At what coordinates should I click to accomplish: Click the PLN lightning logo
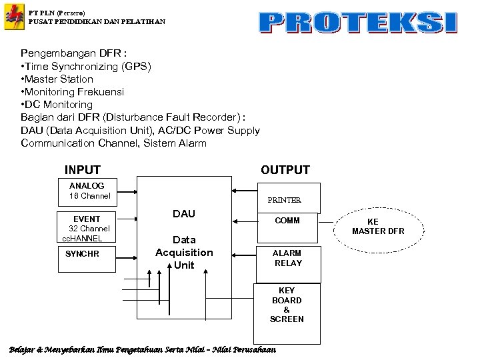tap(13, 17)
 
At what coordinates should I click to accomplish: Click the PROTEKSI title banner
tap(358, 22)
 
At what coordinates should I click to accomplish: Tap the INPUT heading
tap(83, 170)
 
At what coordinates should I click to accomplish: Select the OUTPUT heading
tap(285, 170)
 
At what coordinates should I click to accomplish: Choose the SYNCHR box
tap(82, 253)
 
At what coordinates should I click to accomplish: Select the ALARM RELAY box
tap(287, 259)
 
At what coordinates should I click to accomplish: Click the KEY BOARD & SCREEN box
tap(287, 305)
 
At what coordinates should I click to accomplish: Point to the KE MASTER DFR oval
tap(377, 227)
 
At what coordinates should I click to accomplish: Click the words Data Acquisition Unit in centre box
tap(184, 252)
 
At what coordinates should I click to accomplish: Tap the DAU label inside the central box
tap(183, 214)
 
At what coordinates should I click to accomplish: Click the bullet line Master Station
tap(58, 79)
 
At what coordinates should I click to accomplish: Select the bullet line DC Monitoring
tap(57, 105)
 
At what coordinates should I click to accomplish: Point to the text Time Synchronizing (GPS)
tap(87, 67)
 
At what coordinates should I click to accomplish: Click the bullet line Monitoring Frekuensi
tap(73, 92)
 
